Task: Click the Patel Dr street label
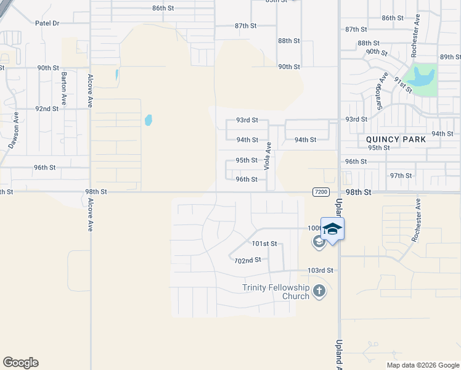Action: pyautogui.click(x=47, y=23)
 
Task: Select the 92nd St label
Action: pyautogui.click(x=46, y=109)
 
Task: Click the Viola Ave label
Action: pyautogui.click(x=267, y=155)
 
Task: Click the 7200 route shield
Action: pyautogui.click(x=320, y=192)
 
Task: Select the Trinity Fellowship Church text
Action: pyautogui.click(x=275, y=291)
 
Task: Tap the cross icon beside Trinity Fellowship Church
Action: pyautogui.click(x=319, y=290)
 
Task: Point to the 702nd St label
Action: pyautogui.click(x=248, y=260)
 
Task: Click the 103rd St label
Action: pyautogui.click(x=320, y=271)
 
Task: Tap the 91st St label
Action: pyautogui.click(x=402, y=85)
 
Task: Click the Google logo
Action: pyautogui.click(x=20, y=363)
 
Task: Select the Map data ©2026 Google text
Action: pyautogui.click(x=423, y=365)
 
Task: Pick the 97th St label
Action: pyautogui.click(x=401, y=176)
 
